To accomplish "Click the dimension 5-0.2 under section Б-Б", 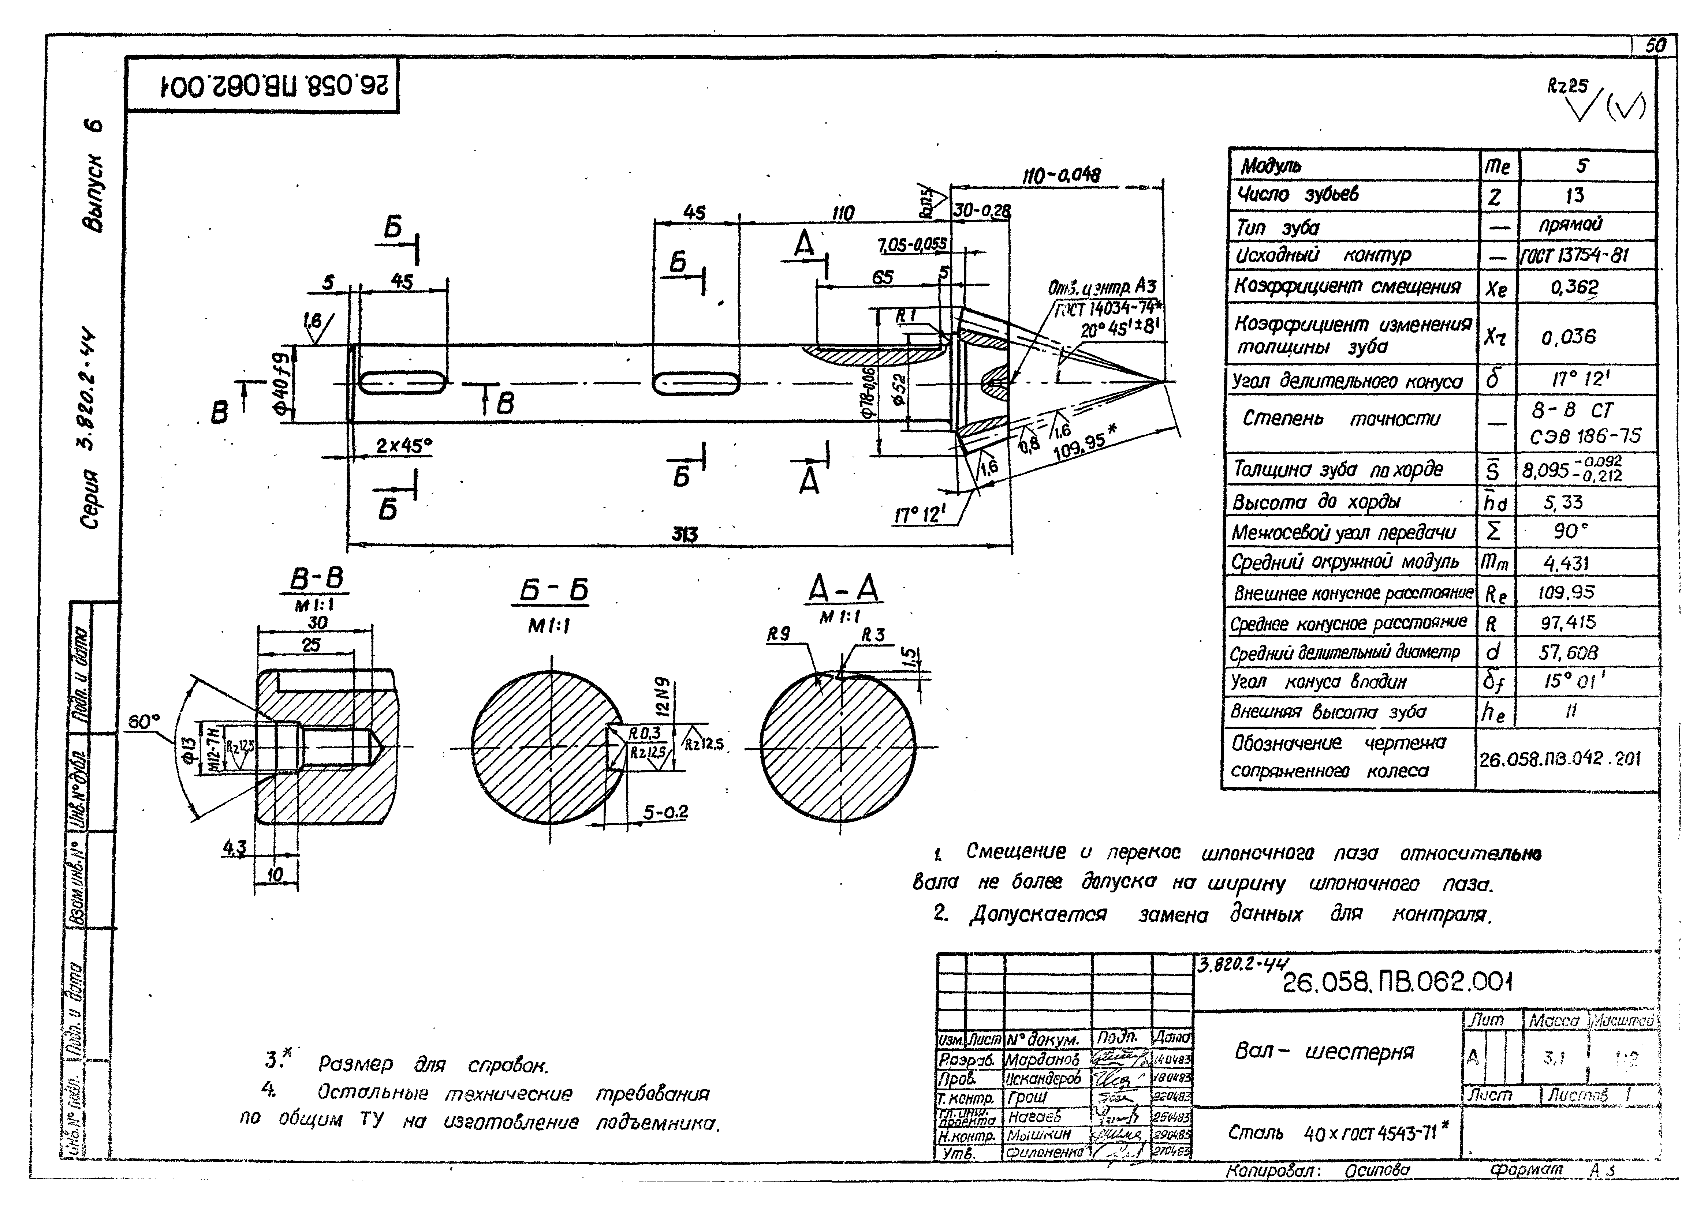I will pyautogui.click(x=665, y=812).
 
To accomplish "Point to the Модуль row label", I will pyautogui.click(x=1271, y=165).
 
